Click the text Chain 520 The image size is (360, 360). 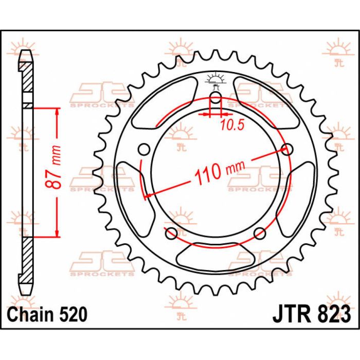pos(47,313)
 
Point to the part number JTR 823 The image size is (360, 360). pos(311,313)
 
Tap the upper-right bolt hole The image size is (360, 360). pos(287,150)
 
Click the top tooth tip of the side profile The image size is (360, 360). pos(27,53)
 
